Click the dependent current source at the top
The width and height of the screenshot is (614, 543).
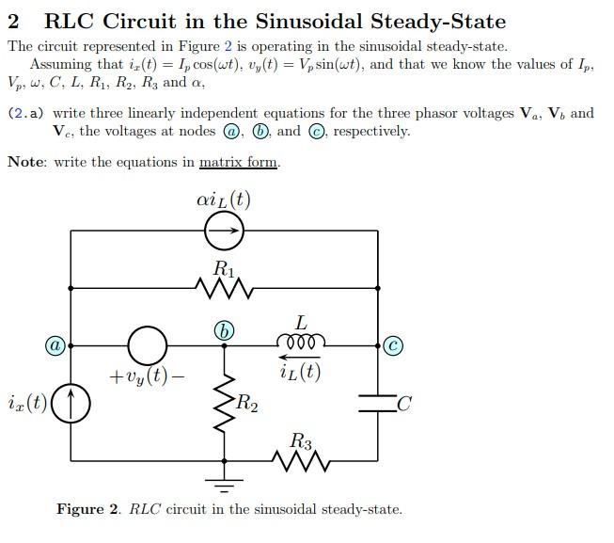pyautogui.click(x=224, y=229)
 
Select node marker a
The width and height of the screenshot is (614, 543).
pyautogui.click(x=56, y=345)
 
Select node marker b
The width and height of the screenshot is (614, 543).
pyautogui.click(x=223, y=330)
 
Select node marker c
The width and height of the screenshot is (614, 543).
pyautogui.click(x=392, y=345)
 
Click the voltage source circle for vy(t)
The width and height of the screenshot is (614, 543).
pyautogui.click(x=148, y=345)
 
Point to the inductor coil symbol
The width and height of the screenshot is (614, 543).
pyautogui.click(x=300, y=341)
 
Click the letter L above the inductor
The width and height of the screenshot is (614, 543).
pyautogui.click(x=301, y=322)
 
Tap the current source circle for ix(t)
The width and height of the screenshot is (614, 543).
pyautogui.click(x=71, y=405)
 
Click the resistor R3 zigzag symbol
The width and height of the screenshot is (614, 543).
pyautogui.click(x=300, y=461)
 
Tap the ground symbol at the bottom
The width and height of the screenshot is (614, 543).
pyautogui.click(x=224, y=487)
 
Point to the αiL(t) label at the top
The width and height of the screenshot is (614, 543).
pyautogui.click(x=224, y=200)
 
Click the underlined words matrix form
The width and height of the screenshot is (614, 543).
pyautogui.click(x=238, y=162)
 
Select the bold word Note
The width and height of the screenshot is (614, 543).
pyautogui.click(x=26, y=162)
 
